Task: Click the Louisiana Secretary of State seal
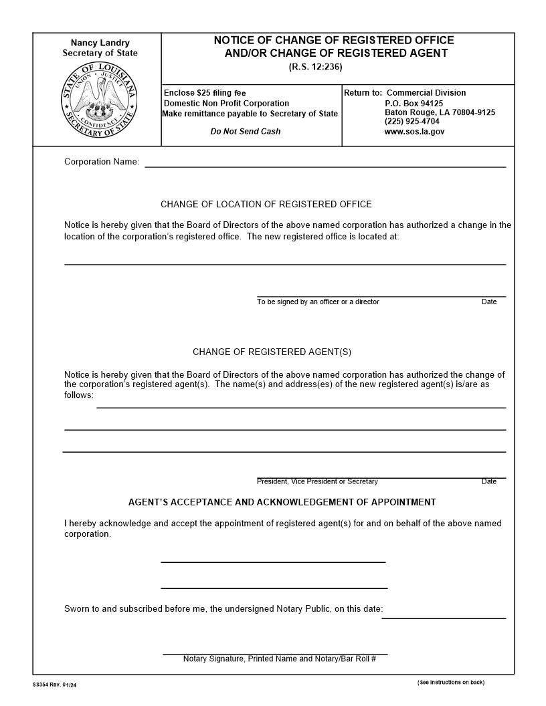pyautogui.click(x=100, y=100)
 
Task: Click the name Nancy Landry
pyautogui.click(x=100, y=43)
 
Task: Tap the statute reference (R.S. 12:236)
pyautogui.click(x=315, y=67)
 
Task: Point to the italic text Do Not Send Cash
pyautogui.click(x=246, y=132)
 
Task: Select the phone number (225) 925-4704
pyautogui.click(x=412, y=122)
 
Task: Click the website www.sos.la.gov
pyautogui.click(x=414, y=132)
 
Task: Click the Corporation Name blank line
pyautogui.click(x=325, y=162)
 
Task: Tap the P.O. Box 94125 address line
pyautogui.click(x=414, y=104)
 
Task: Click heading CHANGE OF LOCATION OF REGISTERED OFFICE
pyautogui.click(x=266, y=205)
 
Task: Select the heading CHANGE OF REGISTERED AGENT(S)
pyautogui.click(x=272, y=352)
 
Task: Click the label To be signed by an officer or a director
pyautogui.click(x=318, y=302)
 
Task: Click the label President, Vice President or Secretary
pyautogui.click(x=317, y=481)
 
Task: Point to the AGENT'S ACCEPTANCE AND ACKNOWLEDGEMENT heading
pyautogui.click(x=282, y=502)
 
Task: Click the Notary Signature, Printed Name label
pyautogui.click(x=280, y=659)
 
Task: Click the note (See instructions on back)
pyautogui.click(x=450, y=682)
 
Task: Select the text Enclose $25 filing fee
pyautogui.click(x=205, y=93)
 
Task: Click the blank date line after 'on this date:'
pyautogui.click(x=444, y=614)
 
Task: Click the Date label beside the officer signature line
pyautogui.click(x=489, y=302)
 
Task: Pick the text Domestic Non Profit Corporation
pyautogui.click(x=227, y=104)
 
